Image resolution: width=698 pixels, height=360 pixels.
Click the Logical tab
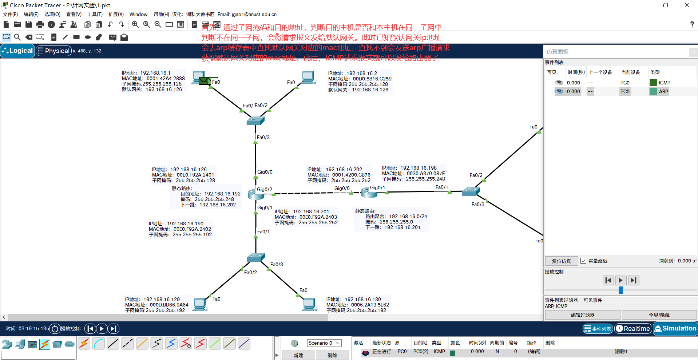pos(18,51)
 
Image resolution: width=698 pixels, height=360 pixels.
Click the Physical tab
pos(53,51)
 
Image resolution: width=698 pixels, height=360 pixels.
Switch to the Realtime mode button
pos(633,329)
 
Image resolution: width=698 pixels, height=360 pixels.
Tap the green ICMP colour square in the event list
pos(653,83)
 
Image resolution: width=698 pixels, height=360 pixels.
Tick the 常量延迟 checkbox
pos(583,261)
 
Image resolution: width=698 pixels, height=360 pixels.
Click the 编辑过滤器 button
pos(582,315)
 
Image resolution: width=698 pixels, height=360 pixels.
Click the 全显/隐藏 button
pos(659,315)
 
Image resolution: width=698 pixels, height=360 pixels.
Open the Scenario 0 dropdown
pos(324,343)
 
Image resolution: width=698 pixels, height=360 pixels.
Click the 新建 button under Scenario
pos(298,355)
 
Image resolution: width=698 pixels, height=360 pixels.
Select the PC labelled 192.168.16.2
pos(308,77)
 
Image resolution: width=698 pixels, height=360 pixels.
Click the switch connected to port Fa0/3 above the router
pos(255,120)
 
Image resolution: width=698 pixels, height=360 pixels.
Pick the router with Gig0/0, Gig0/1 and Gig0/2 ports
pos(256,194)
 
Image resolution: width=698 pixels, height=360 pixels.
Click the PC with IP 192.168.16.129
pos(200,304)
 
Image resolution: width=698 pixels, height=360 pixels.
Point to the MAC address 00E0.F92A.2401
pos(195,175)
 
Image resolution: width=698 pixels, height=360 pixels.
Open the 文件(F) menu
pos(11,14)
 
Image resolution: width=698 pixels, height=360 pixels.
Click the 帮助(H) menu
pos(161,14)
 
